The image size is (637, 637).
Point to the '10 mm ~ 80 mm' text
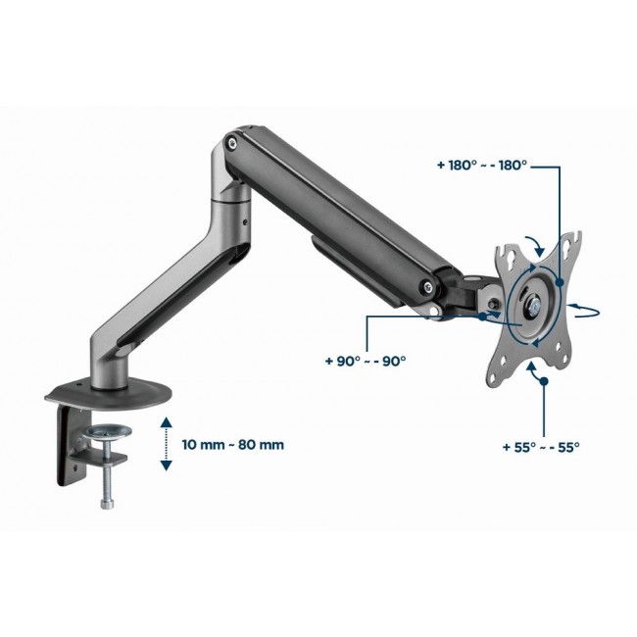click(233, 444)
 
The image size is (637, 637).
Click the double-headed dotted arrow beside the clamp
click(167, 443)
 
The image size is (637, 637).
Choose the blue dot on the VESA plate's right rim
click(560, 282)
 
